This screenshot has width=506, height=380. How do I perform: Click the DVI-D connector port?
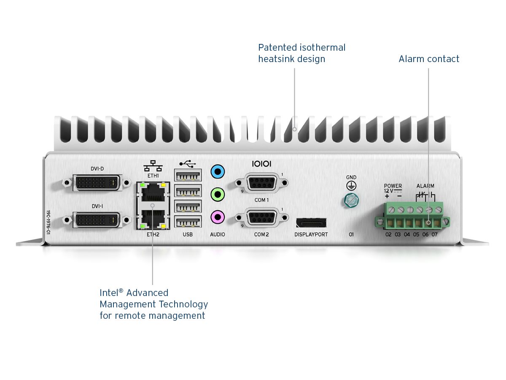pos(97,182)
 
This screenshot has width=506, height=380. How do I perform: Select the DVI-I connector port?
pos(97,220)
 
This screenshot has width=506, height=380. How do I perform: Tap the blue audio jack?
pos(218,172)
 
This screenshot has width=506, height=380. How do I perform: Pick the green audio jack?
pos(218,195)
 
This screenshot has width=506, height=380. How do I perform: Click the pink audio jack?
pos(218,217)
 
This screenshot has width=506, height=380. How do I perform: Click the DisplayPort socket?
pos(311,223)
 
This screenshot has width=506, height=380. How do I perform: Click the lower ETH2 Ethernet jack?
pos(152,217)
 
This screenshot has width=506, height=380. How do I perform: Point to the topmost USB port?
pos(188,175)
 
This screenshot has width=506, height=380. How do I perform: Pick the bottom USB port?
pos(188,223)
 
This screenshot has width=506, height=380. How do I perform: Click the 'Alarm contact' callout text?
pos(429,59)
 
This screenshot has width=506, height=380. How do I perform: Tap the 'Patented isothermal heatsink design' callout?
pos(301,53)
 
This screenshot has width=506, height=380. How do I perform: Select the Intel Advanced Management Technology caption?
pos(153,304)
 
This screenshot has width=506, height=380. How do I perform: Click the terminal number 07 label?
pos(434,234)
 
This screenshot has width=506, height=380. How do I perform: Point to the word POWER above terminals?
pos(393,186)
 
